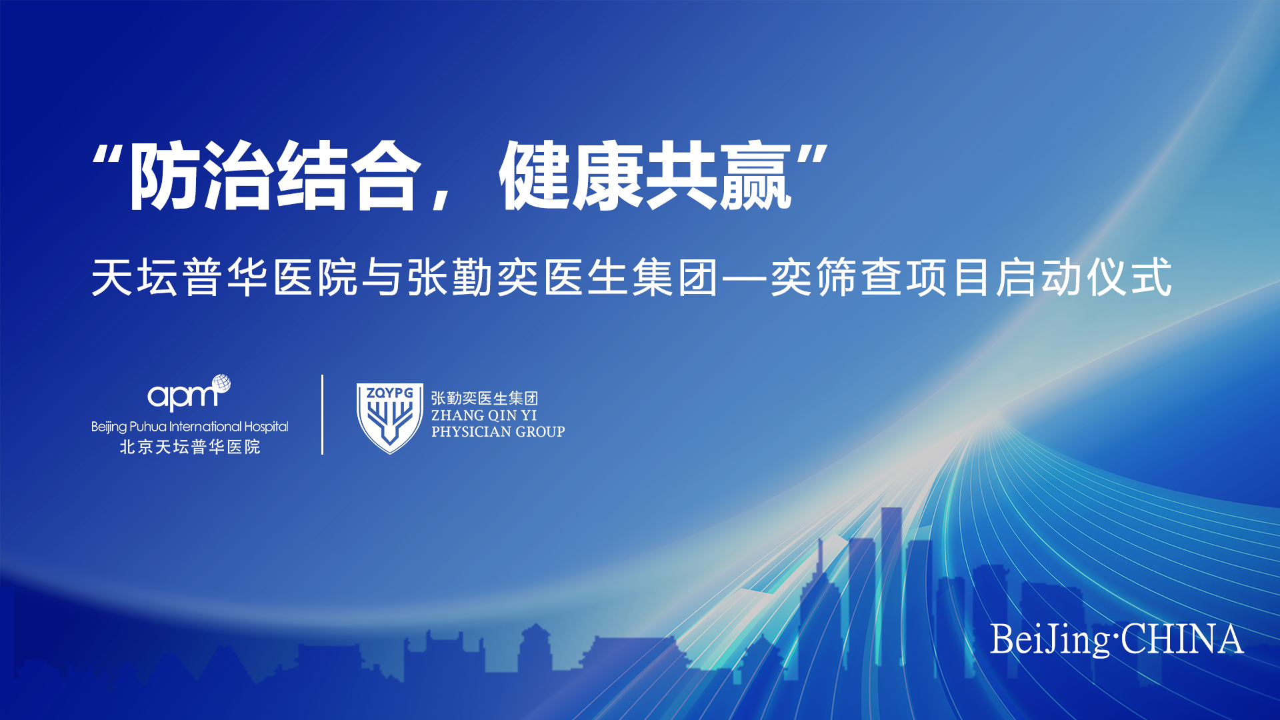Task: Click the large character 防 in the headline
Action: (x=165, y=176)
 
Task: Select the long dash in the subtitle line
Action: (x=745, y=278)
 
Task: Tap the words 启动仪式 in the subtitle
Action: (x=1084, y=277)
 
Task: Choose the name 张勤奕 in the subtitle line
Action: (x=473, y=277)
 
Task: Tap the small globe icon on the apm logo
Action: (x=221, y=383)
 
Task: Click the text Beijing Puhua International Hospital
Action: (x=190, y=427)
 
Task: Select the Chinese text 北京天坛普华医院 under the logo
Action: (x=190, y=447)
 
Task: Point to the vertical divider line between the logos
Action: (x=323, y=415)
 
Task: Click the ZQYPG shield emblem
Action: (x=389, y=418)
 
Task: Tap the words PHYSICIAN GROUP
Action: (x=498, y=432)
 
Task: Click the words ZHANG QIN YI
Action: (x=484, y=415)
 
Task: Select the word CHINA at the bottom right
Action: (x=1182, y=639)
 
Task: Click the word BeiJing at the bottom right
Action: (x=1050, y=641)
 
